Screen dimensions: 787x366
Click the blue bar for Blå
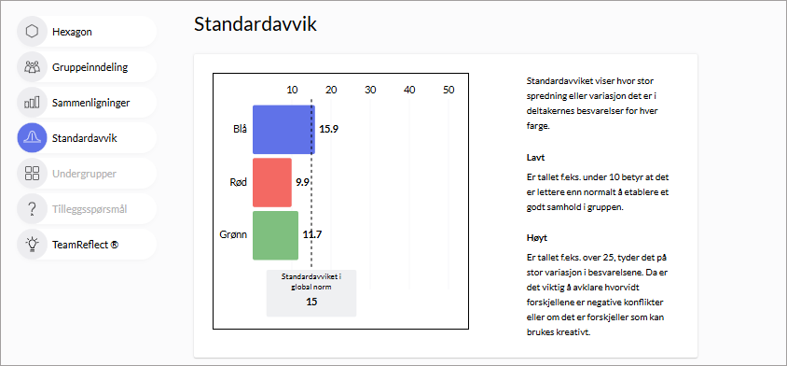tap(283, 129)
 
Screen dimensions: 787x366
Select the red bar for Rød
tap(272, 182)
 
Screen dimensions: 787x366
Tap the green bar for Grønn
tap(276, 236)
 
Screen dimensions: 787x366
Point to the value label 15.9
tap(329, 129)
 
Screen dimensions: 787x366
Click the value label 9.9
tap(302, 182)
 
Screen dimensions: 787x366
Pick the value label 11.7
tap(312, 234)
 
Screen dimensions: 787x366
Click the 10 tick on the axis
tap(292, 90)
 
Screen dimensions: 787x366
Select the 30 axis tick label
tap(370, 90)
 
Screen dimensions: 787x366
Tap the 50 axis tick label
tap(449, 90)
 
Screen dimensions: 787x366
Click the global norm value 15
tap(311, 302)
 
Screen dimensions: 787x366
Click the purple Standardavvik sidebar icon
tap(32, 138)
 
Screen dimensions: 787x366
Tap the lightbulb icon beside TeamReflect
tap(32, 245)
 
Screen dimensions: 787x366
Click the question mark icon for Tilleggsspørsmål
tap(32, 208)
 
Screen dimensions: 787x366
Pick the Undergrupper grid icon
tap(32, 174)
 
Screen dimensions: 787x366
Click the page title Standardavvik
tap(255, 24)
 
